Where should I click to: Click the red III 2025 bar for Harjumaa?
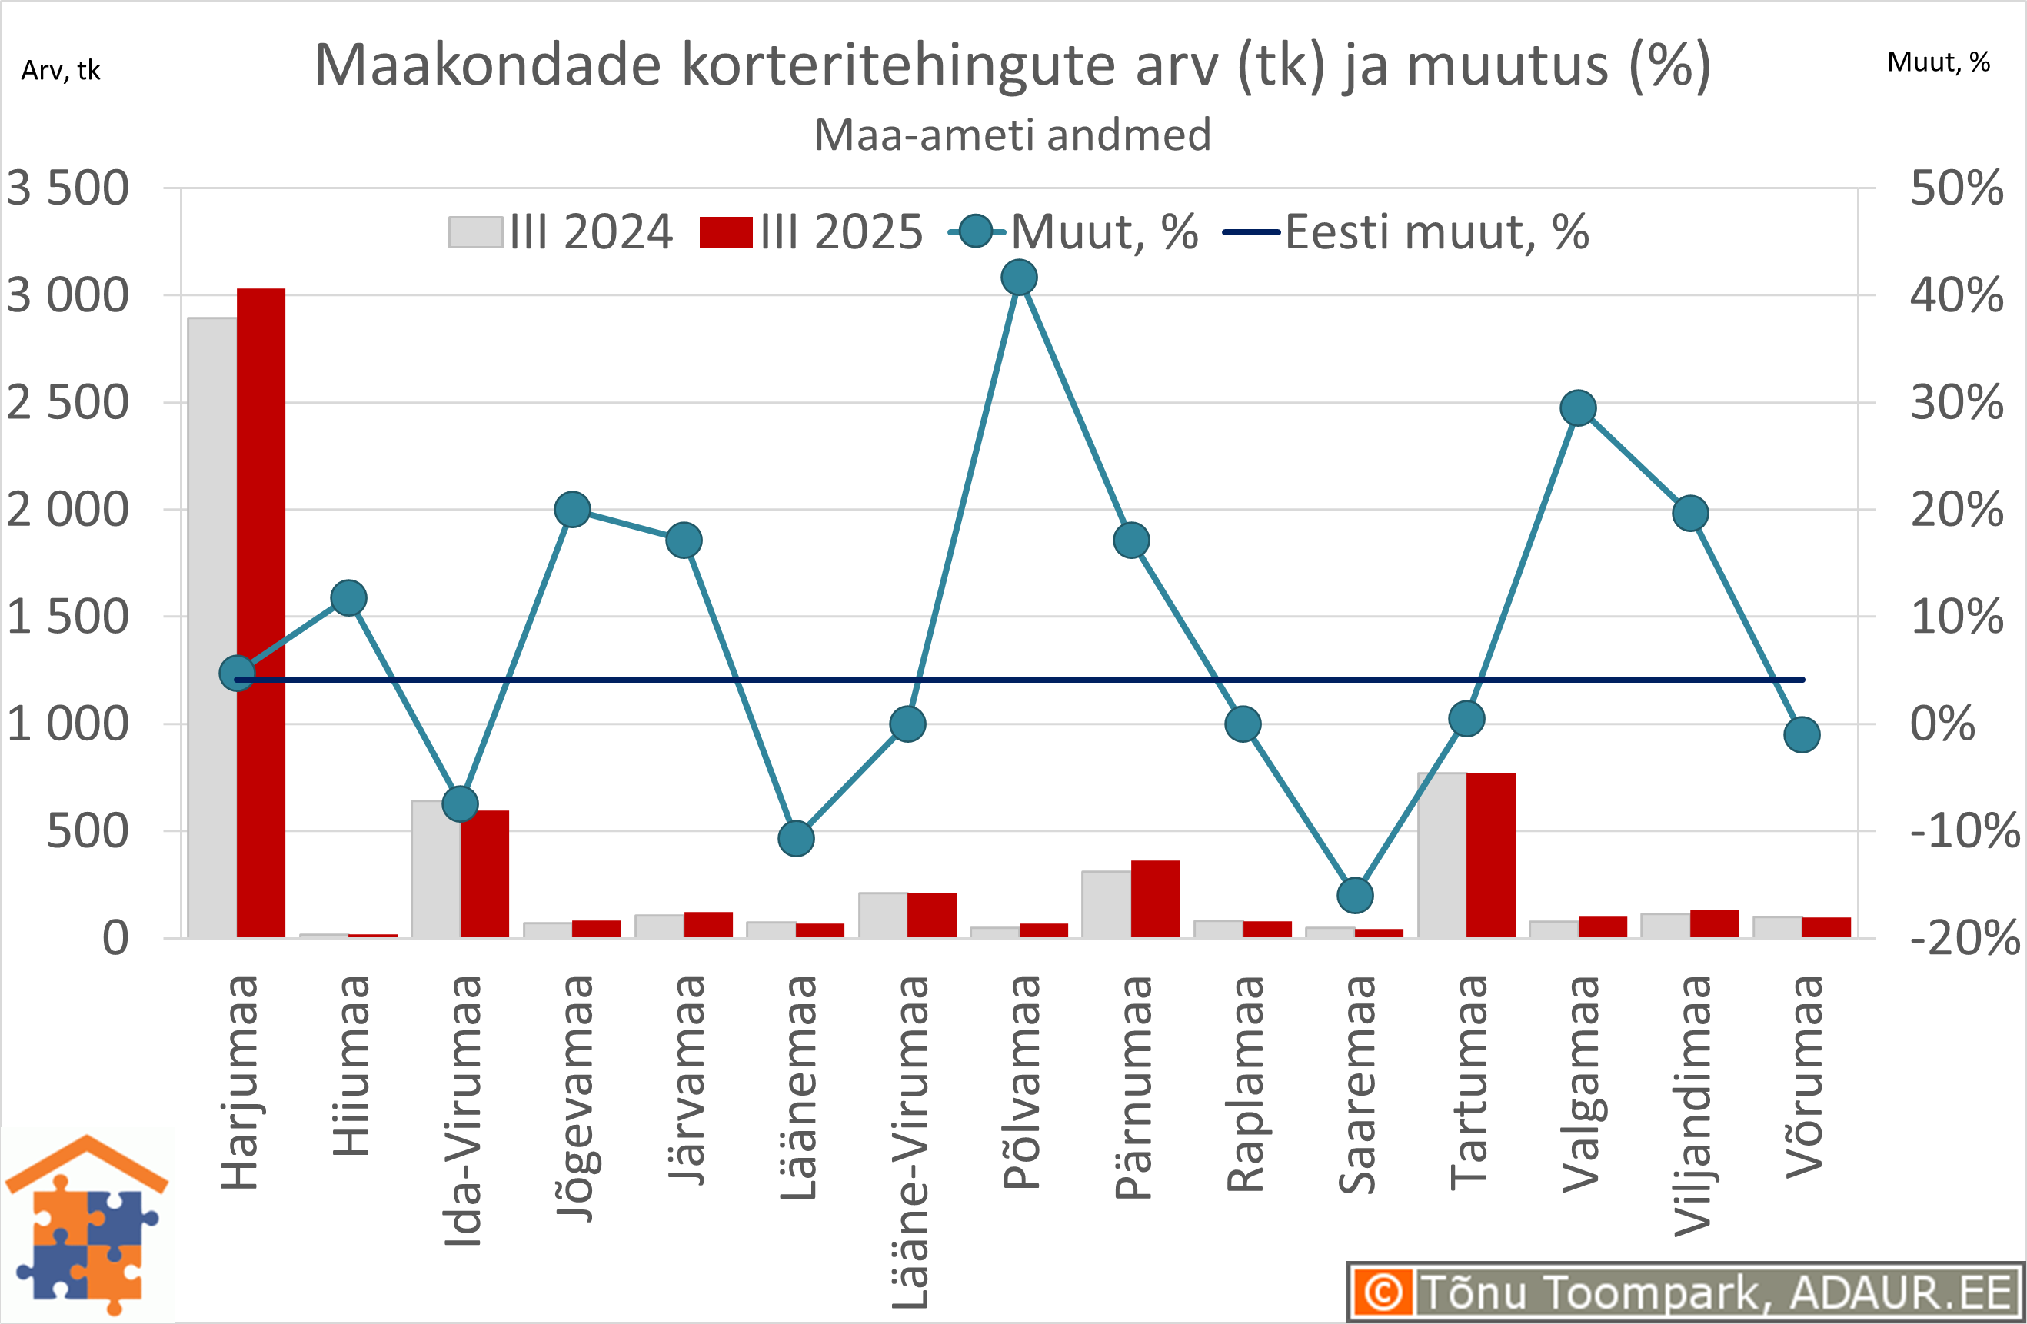click(261, 613)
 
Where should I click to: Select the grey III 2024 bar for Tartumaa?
click(1442, 855)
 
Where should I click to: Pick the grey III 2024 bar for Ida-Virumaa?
click(435, 869)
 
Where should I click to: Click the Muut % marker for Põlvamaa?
click(1020, 278)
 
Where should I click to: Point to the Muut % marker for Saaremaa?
click(1355, 895)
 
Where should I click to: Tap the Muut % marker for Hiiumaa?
click(349, 597)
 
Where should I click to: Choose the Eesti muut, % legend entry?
click(1405, 232)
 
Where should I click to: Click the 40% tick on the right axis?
click(1956, 296)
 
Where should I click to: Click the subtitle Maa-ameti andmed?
click(1013, 135)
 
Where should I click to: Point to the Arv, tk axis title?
click(61, 71)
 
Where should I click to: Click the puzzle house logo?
click(87, 1226)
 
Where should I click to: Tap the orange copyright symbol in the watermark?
click(1383, 1292)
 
